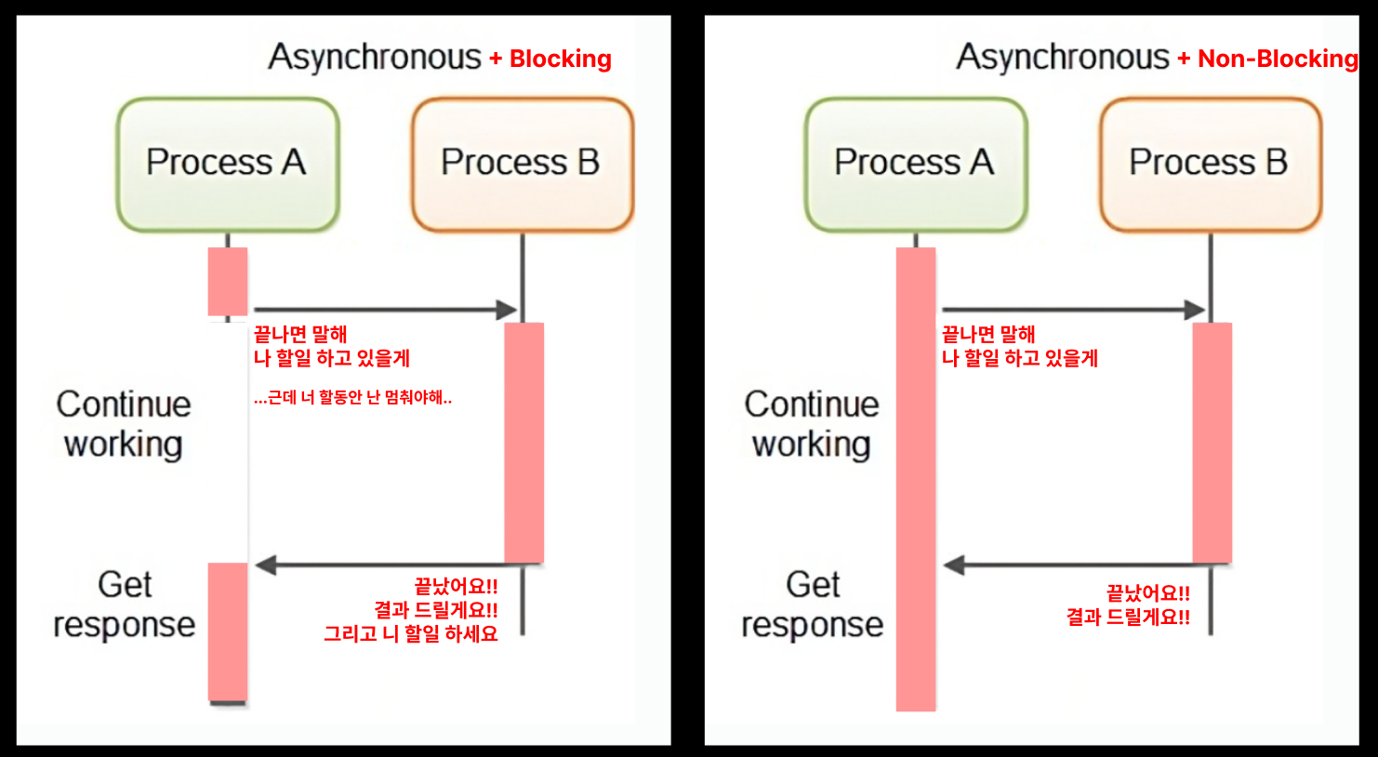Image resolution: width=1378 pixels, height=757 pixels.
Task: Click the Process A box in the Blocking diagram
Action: [228, 165]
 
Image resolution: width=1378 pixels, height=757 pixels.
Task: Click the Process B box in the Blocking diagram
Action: [523, 165]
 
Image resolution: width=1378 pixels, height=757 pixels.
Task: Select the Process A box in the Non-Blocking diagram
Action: [915, 165]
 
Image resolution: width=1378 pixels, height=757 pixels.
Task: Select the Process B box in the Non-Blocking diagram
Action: [1211, 165]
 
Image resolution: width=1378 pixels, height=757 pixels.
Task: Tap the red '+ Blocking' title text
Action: [550, 60]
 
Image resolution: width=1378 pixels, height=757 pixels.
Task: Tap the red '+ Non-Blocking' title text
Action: [1267, 60]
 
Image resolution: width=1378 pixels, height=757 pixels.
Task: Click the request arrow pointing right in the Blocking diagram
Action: [386, 310]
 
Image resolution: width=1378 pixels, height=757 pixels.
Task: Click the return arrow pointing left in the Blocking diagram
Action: [399, 564]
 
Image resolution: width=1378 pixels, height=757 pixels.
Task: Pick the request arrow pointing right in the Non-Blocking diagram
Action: [1074, 310]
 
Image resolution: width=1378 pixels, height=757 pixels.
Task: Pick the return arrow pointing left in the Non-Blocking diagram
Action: [1087, 564]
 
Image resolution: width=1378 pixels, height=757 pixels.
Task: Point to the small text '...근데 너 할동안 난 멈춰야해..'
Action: [352, 398]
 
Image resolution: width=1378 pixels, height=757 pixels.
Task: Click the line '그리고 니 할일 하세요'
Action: [411, 633]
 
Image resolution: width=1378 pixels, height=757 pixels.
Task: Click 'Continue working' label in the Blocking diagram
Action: [124, 424]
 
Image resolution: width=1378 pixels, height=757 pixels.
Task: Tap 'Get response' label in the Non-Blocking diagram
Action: [812, 604]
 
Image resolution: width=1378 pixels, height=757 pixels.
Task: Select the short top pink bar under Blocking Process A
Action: [228, 281]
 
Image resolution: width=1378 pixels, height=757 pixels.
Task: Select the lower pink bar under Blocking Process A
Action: [228, 632]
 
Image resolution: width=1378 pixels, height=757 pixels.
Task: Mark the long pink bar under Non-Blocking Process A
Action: [915, 480]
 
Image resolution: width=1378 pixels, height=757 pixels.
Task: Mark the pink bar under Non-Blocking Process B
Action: [1212, 443]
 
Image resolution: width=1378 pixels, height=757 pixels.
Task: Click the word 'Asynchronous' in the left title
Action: [375, 58]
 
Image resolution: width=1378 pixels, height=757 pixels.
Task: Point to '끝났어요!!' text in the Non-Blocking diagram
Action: [1148, 593]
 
